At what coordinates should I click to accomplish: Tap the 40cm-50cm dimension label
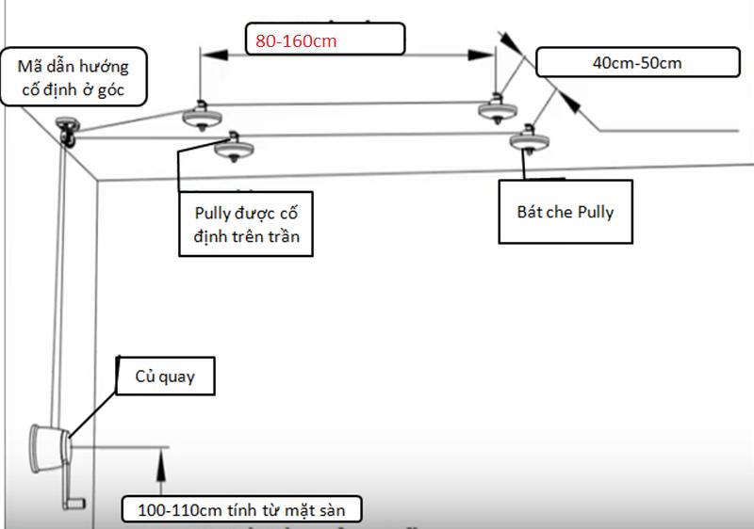638,62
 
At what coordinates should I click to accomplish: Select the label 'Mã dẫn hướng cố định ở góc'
74,77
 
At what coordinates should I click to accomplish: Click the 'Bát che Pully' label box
565,212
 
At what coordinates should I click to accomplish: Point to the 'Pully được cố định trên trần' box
246,224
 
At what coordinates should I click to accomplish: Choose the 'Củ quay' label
166,377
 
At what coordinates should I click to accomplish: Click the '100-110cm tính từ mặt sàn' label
241,509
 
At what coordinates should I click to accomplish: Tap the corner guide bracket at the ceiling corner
67,132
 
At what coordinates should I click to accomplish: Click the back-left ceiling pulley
202,116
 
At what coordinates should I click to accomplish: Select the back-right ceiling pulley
498,109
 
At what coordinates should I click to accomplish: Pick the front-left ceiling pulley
234,147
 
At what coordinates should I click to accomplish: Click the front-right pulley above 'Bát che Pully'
530,139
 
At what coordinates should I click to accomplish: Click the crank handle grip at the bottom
75,504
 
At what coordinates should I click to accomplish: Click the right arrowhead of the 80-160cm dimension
481,55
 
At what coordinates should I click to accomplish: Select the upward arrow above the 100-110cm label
161,472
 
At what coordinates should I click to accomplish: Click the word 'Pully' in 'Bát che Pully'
596,212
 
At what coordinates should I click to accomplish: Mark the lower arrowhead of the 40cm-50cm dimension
569,102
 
